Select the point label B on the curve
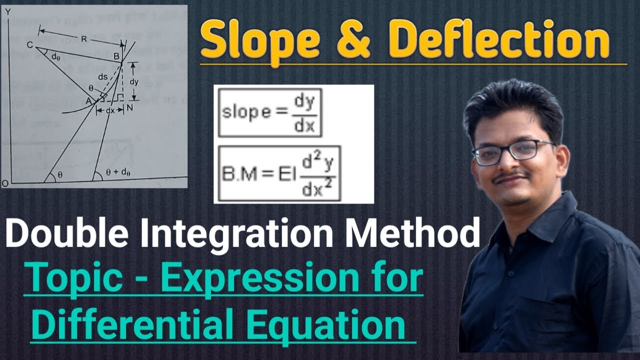click(117, 57)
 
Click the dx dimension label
click(110, 109)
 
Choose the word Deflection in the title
click(500, 42)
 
